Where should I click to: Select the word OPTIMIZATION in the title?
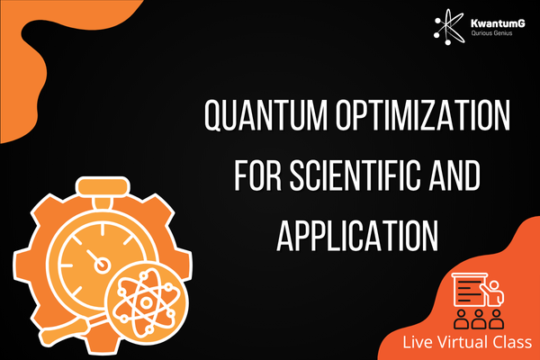coord(423,115)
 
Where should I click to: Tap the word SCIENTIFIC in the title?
coord(355,175)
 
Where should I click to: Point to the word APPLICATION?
coord(357,235)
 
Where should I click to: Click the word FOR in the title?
coord(257,175)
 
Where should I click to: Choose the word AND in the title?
coord(454,175)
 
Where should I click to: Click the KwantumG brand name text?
coord(498,23)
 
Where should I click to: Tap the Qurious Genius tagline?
coord(491,33)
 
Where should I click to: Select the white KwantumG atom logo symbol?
coord(449,27)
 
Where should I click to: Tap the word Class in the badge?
coord(513,342)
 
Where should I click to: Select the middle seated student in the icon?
coord(478,319)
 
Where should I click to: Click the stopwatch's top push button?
coord(103,186)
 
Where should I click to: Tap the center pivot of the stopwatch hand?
coord(102,265)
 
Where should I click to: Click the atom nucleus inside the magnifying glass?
coord(146,302)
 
